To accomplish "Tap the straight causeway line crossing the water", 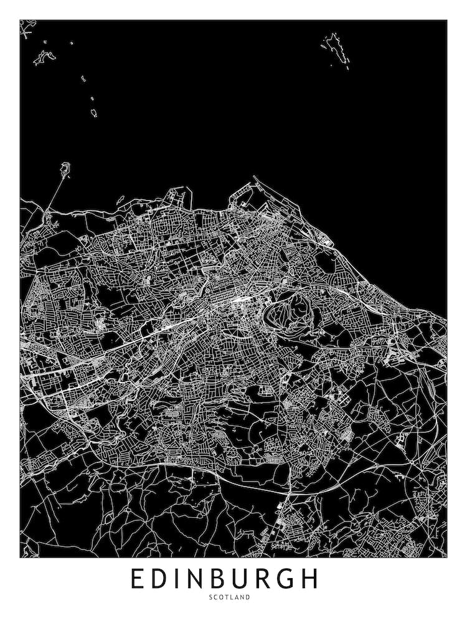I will coord(55,190).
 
